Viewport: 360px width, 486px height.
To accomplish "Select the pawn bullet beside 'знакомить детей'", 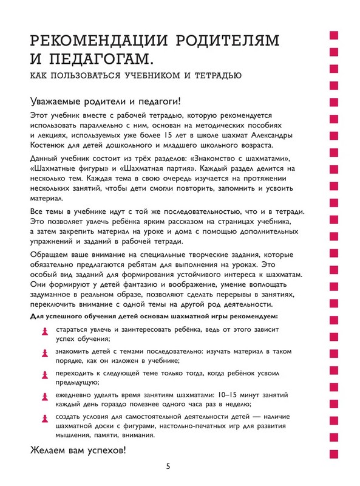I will point(42,353).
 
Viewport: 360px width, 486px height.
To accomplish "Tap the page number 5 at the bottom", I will point(168,467).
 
